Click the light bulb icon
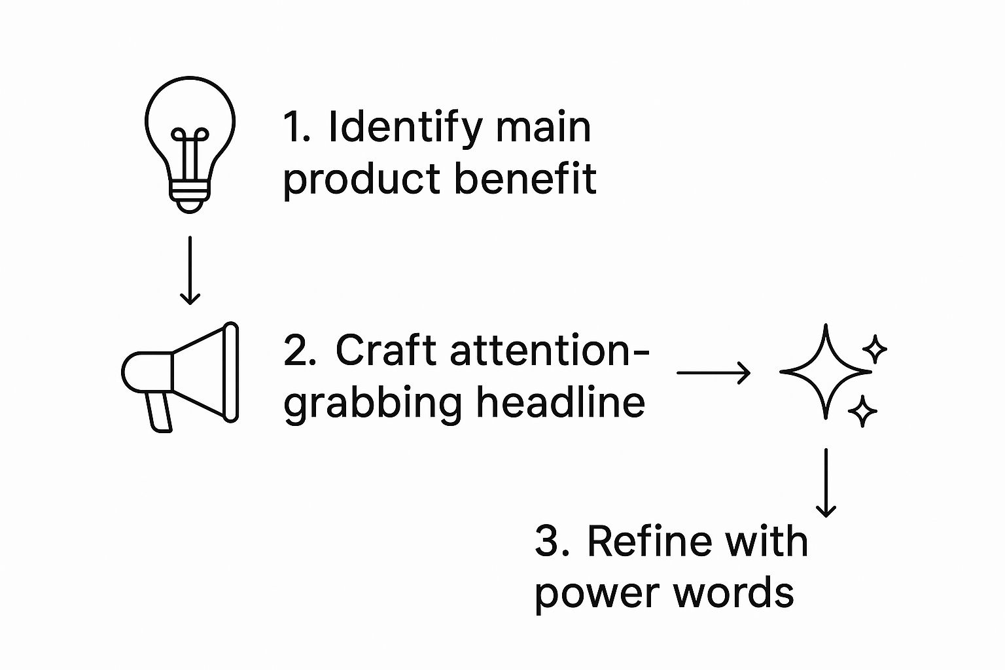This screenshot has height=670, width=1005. pos(190,141)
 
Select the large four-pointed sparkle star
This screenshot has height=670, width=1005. pos(826,371)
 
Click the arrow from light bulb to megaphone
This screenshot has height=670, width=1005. pos(190,270)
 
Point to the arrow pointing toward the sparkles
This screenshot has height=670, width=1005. pos(713,373)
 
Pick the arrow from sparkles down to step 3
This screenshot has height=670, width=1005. pos(826,482)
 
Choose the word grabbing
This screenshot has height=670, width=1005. pos(373,402)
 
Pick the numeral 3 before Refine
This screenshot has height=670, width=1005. pos(548,542)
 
